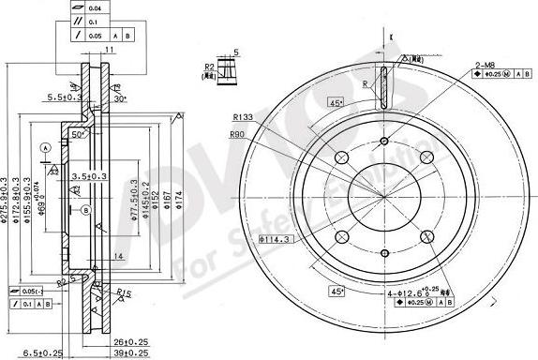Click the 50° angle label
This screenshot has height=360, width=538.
(x=81, y=134)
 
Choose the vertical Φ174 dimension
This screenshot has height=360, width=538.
(x=180, y=198)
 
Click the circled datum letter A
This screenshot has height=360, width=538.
(x=44, y=148)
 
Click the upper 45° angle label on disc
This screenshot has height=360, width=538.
(x=335, y=103)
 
